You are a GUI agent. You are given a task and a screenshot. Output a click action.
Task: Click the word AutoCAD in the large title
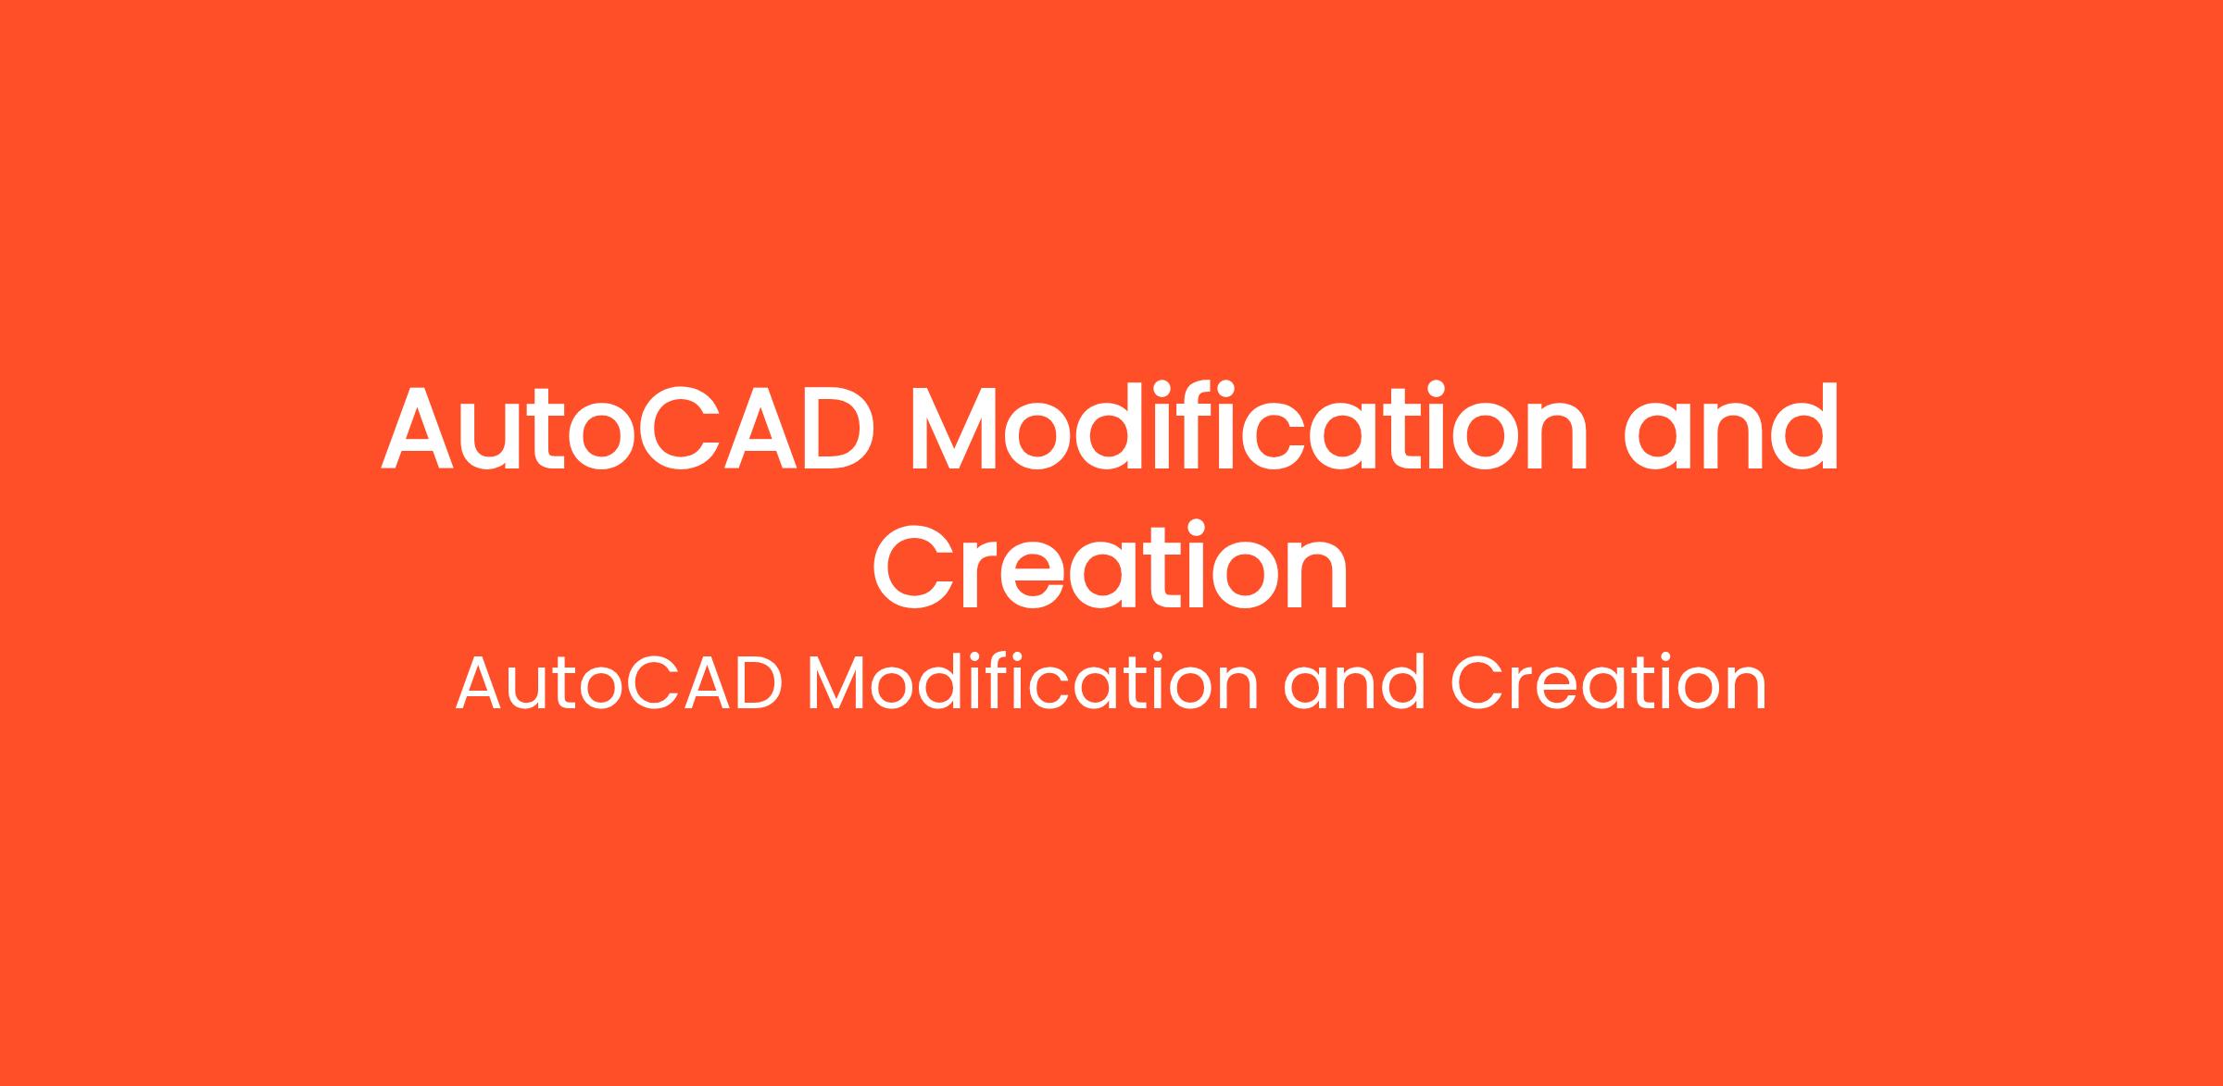[628, 427]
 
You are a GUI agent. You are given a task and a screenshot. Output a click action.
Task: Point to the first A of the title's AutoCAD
[417, 428]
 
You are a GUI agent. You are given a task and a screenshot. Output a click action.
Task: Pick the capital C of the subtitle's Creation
[1476, 685]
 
